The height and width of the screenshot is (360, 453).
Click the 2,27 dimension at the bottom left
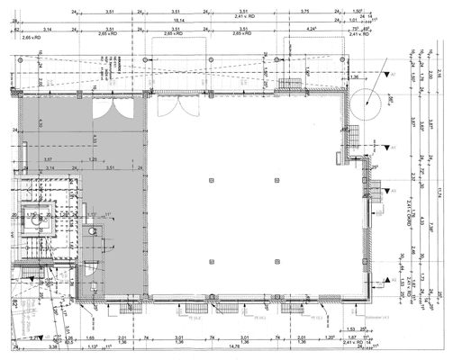[32, 337]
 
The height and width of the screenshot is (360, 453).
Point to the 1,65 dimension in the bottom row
[90, 337]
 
